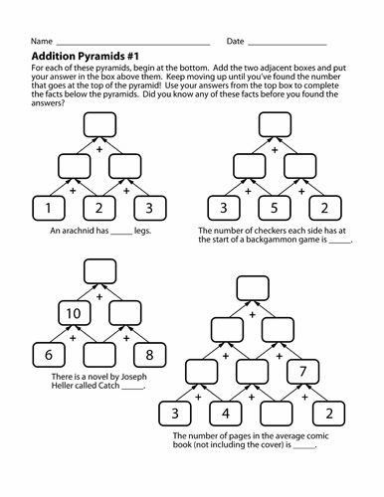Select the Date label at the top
[x=236, y=42]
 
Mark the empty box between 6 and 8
[x=97, y=354]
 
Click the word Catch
[x=105, y=388]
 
